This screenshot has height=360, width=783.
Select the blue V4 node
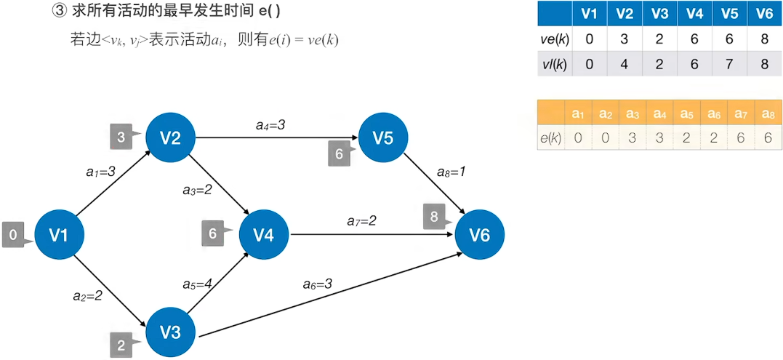point(264,234)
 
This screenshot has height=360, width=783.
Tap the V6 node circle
point(479,234)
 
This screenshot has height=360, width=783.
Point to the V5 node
point(384,137)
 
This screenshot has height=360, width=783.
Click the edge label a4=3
point(270,125)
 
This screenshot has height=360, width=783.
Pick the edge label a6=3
point(318,284)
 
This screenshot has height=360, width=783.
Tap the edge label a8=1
point(451,172)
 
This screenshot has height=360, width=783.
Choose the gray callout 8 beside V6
point(434,216)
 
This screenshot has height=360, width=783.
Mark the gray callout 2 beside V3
point(121,344)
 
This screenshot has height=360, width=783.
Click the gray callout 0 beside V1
point(13,235)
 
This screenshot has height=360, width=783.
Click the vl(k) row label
point(555,63)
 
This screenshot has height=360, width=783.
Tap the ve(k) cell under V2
point(623,39)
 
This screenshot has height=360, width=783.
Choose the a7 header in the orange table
point(739,113)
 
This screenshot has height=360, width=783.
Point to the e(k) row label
point(550,137)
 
